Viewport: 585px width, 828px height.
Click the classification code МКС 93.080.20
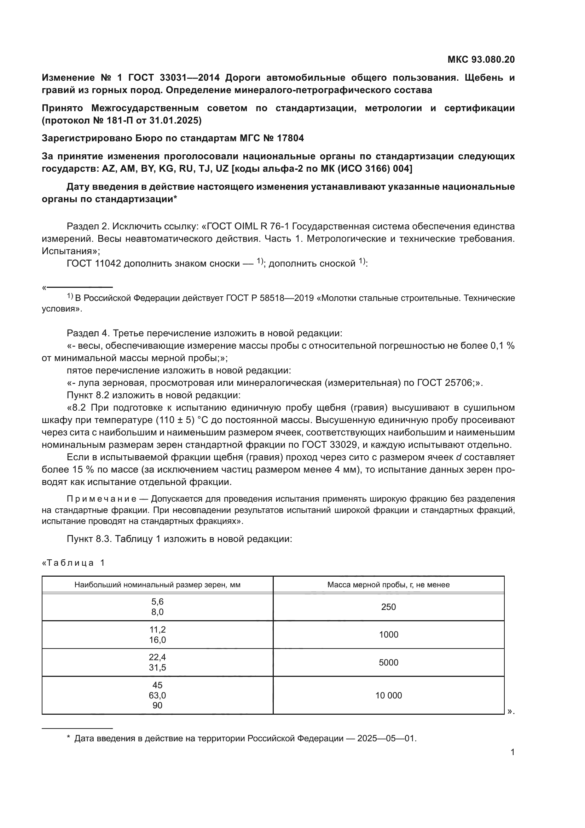(x=481, y=59)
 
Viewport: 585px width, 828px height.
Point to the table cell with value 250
(x=388, y=607)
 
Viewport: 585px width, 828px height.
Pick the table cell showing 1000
(x=388, y=634)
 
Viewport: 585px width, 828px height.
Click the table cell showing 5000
(x=388, y=662)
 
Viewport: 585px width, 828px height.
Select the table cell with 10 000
(x=388, y=695)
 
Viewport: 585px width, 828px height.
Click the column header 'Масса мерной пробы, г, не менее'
(x=388, y=584)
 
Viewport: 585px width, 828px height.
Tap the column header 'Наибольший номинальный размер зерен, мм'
(x=157, y=584)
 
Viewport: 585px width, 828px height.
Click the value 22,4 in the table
(x=157, y=657)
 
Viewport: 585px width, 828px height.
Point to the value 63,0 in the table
(x=157, y=695)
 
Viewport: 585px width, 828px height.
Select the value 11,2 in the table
(x=157, y=629)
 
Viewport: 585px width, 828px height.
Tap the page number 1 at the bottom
(x=512, y=752)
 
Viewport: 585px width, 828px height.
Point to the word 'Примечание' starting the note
(x=102, y=499)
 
